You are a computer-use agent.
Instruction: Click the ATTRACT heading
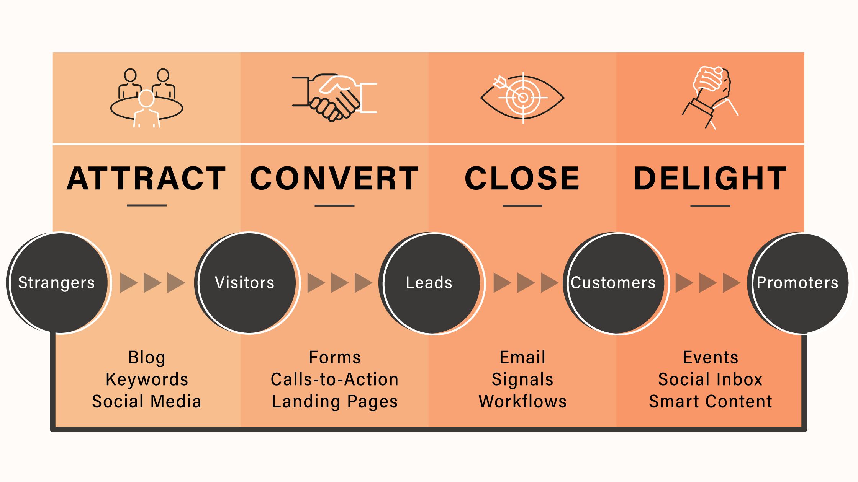tap(146, 178)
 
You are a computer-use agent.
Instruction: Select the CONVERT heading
tap(334, 178)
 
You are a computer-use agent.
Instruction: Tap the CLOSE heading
tap(522, 178)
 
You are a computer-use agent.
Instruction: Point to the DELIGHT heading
tap(711, 178)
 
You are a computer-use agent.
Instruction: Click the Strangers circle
tap(58, 283)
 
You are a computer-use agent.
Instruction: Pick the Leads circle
tap(431, 283)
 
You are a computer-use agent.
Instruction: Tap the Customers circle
tap(615, 283)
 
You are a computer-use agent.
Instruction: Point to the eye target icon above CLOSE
tap(522, 98)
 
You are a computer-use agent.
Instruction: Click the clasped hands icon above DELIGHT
tap(711, 98)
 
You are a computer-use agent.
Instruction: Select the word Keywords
tap(147, 379)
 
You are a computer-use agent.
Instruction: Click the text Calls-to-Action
tap(334, 379)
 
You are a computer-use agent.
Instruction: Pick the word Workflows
tap(522, 402)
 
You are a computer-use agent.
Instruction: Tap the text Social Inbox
tap(711, 379)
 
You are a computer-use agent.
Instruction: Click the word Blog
tap(147, 358)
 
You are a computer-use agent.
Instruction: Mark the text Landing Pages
tap(334, 402)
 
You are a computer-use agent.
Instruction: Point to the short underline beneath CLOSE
tap(522, 206)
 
